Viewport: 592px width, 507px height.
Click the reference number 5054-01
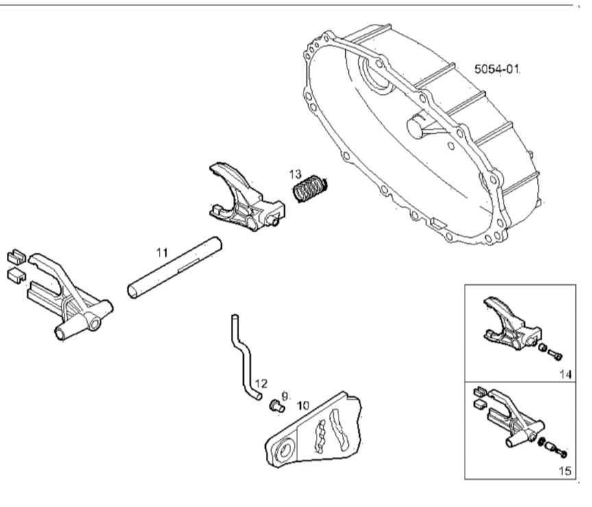(x=497, y=69)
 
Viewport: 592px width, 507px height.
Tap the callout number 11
(x=162, y=253)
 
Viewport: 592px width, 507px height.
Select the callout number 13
(x=295, y=173)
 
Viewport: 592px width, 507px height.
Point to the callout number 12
(x=261, y=384)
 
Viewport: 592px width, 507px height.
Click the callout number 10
(x=302, y=406)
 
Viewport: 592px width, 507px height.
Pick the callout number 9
(x=286, y=395)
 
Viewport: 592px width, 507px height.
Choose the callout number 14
(x=565, y=374)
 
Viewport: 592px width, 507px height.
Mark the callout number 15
(x=565, y=471)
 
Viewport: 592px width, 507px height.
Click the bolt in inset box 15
(x=561, y=452)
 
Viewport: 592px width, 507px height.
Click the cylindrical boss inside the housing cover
(x=417, y=126)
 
